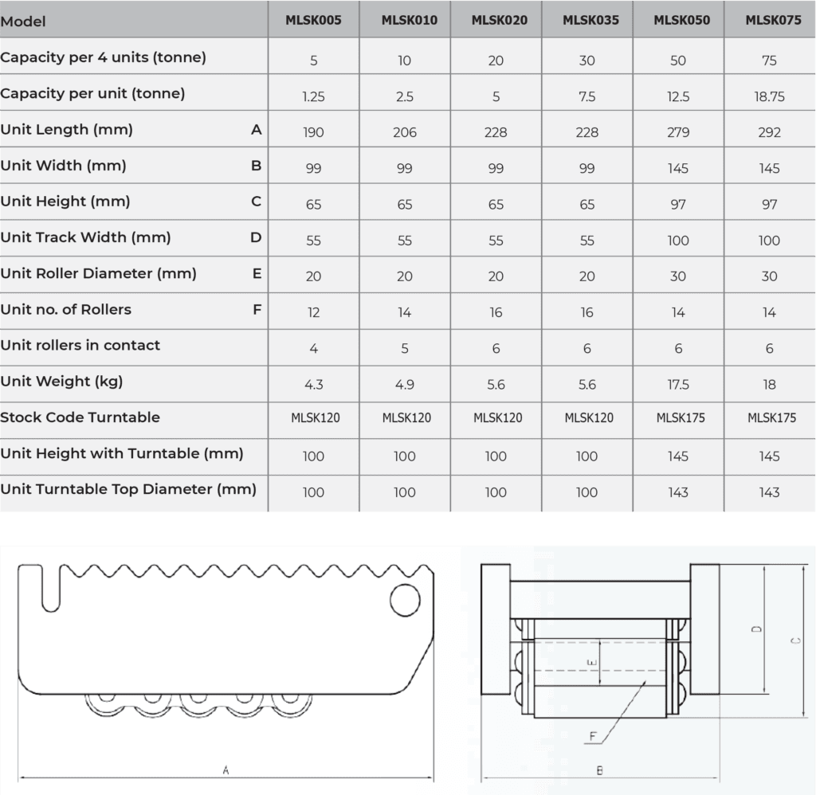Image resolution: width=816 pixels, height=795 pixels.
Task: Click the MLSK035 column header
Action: pos(586,21)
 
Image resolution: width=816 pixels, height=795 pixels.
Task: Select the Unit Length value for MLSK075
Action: pos(769,132)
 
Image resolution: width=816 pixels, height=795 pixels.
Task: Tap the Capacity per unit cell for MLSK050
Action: pos(678,96)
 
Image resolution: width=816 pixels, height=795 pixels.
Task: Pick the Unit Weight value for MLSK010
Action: pos(405,384)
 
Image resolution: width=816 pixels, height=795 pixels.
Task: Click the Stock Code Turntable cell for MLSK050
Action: pos(678,418)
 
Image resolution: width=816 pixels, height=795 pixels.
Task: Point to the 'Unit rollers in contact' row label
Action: pos(80,346)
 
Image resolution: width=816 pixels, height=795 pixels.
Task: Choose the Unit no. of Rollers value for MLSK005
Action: pos(313,312)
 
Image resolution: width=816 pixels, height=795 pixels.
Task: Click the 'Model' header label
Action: pos(22,22)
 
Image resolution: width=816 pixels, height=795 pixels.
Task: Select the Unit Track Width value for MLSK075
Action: pos(769,240)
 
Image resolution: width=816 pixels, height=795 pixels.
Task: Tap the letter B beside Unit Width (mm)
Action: pos(256,166)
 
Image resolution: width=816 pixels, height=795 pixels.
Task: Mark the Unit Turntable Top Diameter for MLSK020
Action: pos(496,492)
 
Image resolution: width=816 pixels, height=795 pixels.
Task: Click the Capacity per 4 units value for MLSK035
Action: pos(586,61)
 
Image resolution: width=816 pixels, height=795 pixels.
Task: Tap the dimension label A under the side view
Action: pos(226,770)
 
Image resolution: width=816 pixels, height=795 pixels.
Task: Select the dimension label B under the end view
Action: pos(599,770)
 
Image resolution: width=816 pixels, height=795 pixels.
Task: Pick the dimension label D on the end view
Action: pos(755,629)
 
